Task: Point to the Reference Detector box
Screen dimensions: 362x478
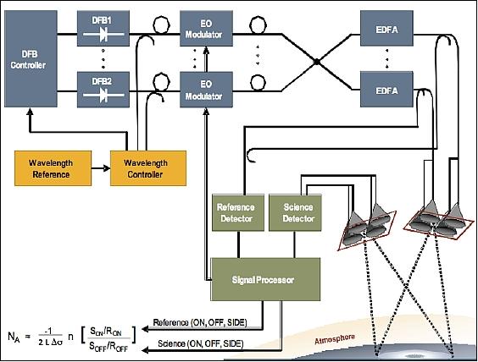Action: coord(236,211)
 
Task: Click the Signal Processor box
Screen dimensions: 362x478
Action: coord(264,277)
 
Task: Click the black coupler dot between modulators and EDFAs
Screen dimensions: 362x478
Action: coord(315,61)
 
